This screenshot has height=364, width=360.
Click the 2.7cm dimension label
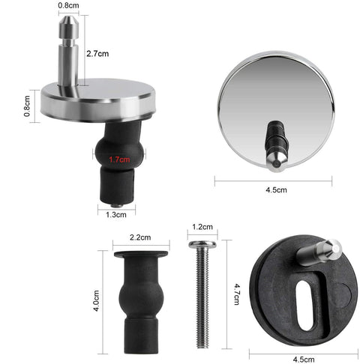tap(97, 54)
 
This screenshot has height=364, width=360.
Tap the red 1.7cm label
tap(119, 160)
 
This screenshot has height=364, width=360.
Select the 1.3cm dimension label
tap(116, 215)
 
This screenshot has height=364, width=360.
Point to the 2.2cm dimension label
tap(140, 237)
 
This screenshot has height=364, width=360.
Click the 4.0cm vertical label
tap(96, 300)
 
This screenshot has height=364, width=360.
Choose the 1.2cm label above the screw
tap(202, 227)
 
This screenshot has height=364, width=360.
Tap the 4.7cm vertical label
tap(236, 294)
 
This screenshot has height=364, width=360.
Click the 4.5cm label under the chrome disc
tap(276, 190)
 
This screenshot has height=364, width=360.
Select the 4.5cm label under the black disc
tap(304, 360)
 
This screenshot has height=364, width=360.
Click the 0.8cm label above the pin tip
tap(68, 5)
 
